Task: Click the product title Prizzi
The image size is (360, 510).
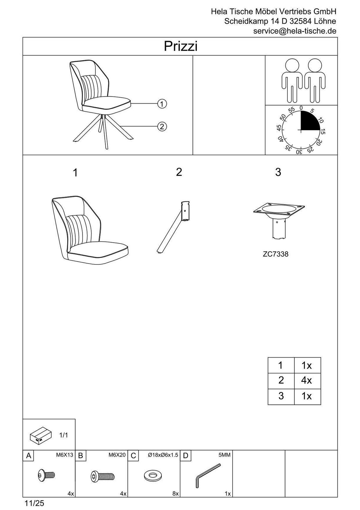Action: (181, 47)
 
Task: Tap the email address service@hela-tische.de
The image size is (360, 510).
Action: (295, 31)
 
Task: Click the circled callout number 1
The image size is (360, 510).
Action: (162, 104)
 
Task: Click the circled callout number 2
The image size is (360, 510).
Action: (162, 126)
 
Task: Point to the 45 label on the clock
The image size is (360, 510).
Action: (279, 128)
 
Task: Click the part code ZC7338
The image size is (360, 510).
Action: (276, 254)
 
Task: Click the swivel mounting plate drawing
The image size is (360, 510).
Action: (279, 220)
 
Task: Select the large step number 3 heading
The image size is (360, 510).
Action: (278, 172)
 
